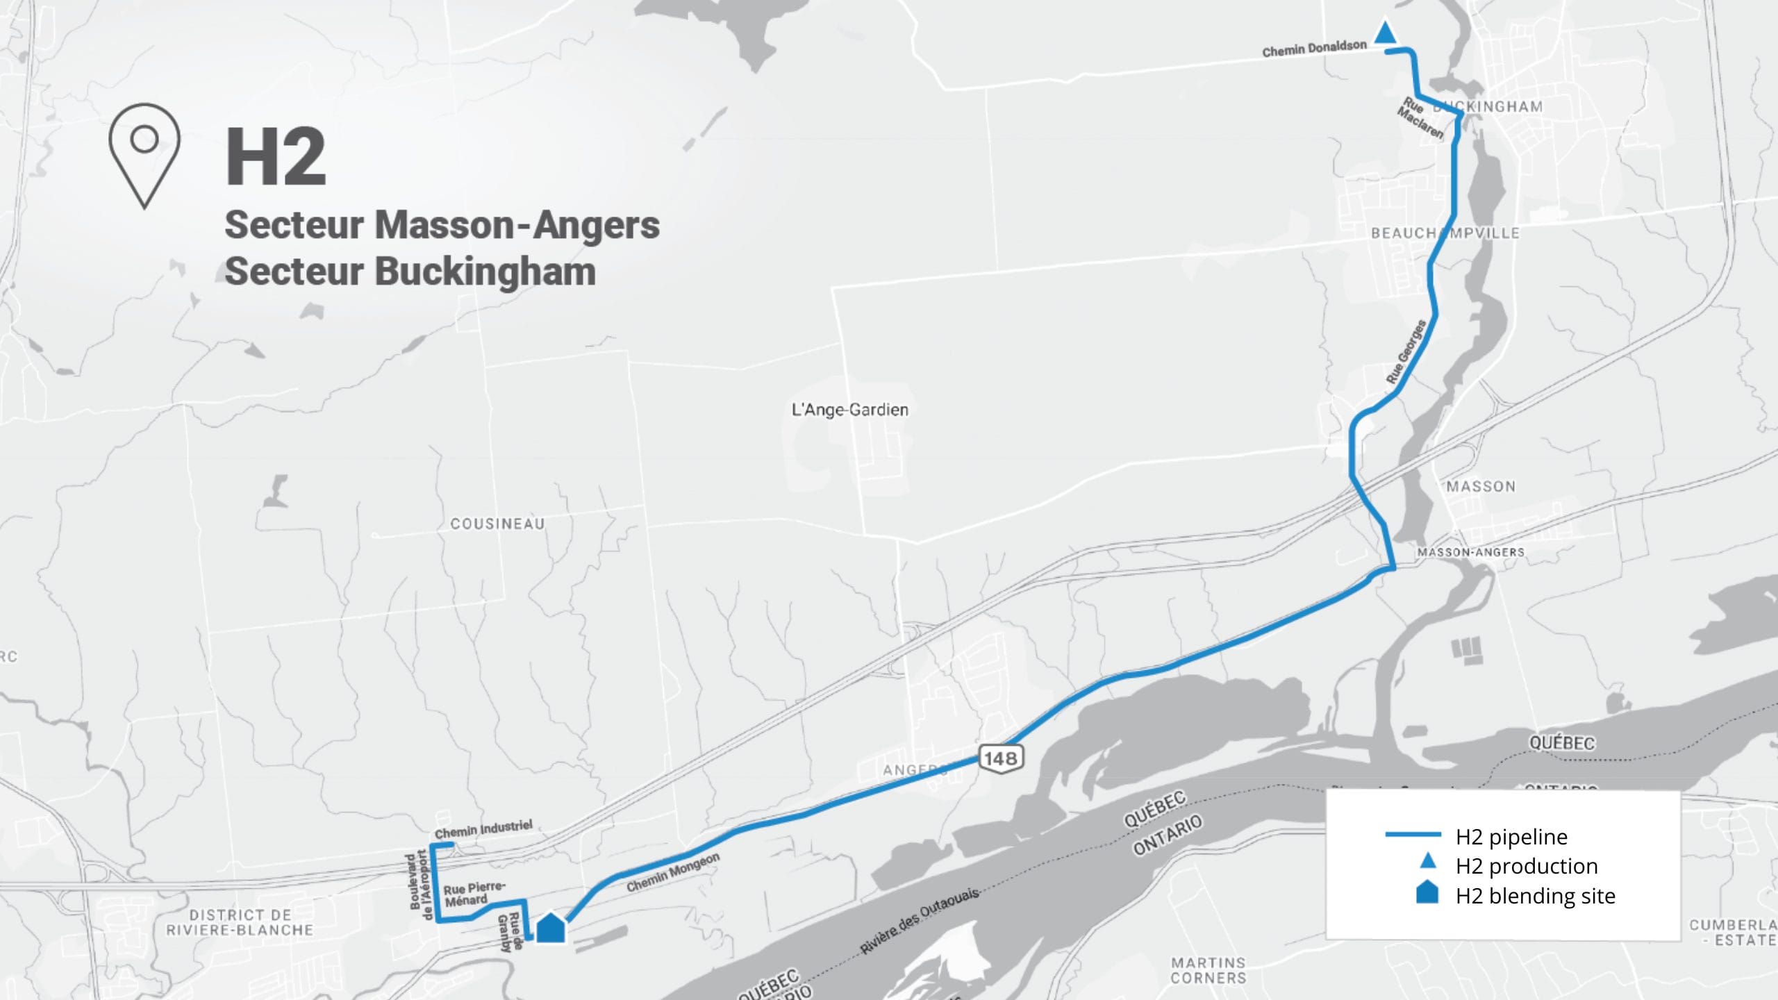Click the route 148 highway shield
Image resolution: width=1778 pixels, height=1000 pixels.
(1000, 758)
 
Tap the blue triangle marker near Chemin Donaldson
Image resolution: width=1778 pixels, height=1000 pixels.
(1386, 34)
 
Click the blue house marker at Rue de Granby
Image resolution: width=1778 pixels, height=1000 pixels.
(551, 928)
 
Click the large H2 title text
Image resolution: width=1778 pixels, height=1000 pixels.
(276, 157)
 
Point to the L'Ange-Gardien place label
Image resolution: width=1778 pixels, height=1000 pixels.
(849, 410)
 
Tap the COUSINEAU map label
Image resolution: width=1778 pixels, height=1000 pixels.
(497, 524)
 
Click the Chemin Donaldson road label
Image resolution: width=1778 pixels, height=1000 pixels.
(1314, 49)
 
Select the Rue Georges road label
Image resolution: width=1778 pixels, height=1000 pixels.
(1406, 351)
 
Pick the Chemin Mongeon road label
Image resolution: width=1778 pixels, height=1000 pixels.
(672, 873)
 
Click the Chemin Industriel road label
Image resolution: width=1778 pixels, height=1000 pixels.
(483, 828)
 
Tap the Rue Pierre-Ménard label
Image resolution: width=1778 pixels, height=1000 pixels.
(474, 894)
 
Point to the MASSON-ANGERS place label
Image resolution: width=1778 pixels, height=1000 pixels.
(1470, 552)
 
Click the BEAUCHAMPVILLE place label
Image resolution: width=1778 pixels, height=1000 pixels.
(1445, 233)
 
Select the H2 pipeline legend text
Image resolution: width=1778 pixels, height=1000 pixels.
(1511, 837)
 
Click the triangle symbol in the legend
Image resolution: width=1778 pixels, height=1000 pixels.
(1427, 861)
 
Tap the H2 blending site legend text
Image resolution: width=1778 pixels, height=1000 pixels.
(1535, 896)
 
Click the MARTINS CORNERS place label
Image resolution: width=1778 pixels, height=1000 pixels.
(1208, 970)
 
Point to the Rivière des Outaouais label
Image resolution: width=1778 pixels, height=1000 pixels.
(920, 919)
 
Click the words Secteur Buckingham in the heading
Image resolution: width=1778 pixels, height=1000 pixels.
(410, 272)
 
